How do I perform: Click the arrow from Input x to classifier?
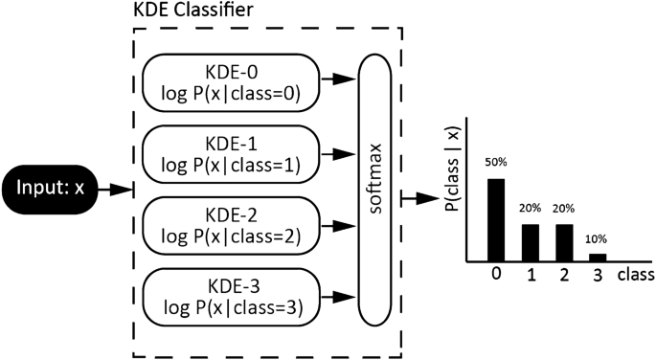click(x=114, y=191)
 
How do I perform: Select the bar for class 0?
click(x=495, y=219)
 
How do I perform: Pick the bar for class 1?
click(x=530, y=242)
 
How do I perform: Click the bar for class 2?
click(x=564, y=242)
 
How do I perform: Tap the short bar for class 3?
click(x=598, y=257)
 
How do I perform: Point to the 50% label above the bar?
click(x=495, y=163)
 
